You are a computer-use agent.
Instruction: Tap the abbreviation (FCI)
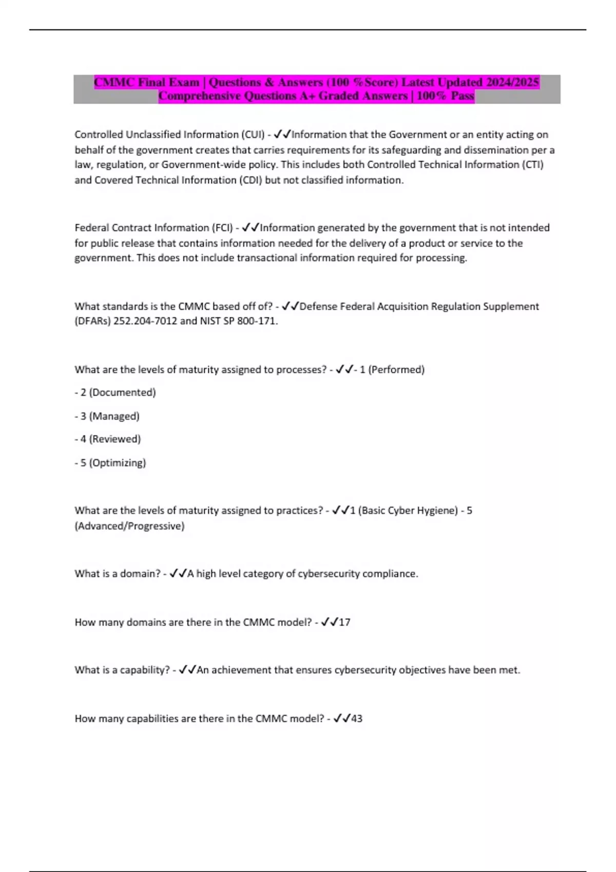click(222, 228)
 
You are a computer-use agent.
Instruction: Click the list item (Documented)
click(122, 392)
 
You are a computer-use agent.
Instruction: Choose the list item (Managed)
click(114, 416)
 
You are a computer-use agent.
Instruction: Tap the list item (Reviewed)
click(114, 439)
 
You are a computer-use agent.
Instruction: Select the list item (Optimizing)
click(117, 463)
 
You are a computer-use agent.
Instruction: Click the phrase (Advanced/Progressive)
click(129, 526)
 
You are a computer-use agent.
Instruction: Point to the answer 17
click(344, 622)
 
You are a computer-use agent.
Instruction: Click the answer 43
click(357, 719)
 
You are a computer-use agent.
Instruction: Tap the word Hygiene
click(436, 510)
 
